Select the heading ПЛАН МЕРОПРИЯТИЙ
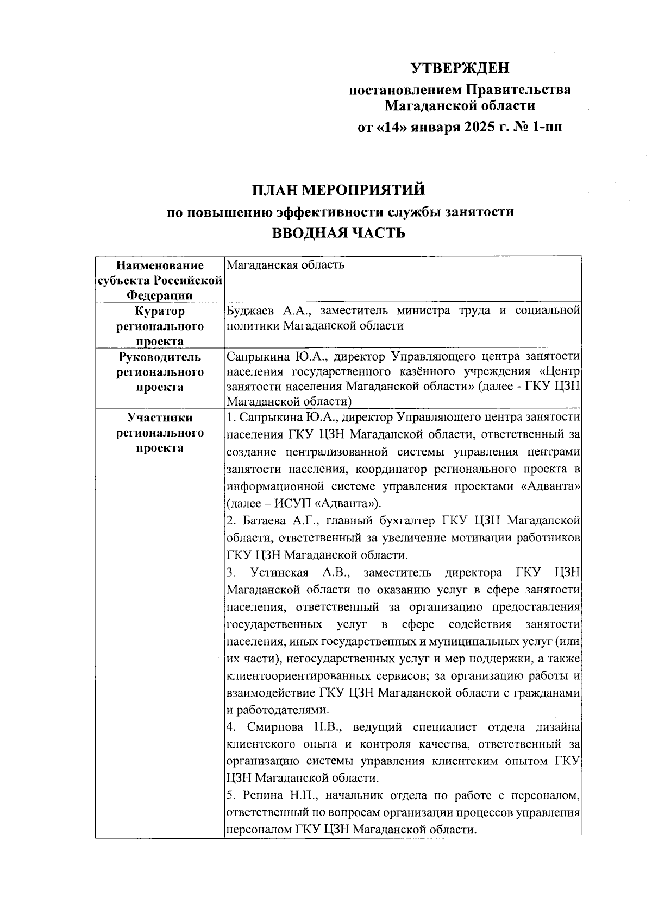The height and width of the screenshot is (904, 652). [x=337, y=191]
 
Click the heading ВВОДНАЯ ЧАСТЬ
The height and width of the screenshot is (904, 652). [x=338, y=233]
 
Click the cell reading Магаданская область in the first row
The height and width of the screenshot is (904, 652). [x=285, y=265]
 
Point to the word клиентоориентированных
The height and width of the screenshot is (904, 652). [x=299, y=676]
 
